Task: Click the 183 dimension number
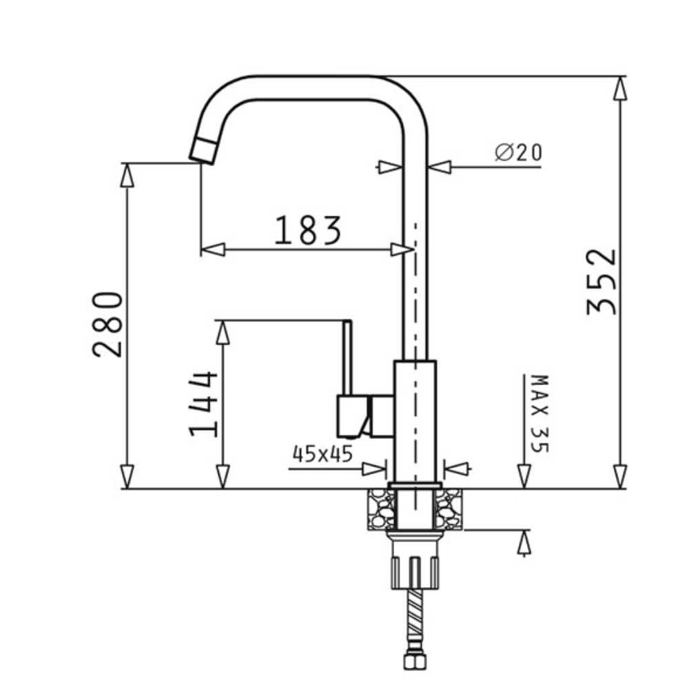pyautogui.click(x=307, y=230)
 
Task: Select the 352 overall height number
pyautogui.click(x=601, y=282)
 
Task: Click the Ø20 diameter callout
pyautogui.click(x=519, y=152)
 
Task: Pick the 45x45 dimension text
pyautogui.click(x=322, y=454)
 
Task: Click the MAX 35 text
pyautogui.click(x=539, y=413)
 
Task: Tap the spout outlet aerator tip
pyautogui.click(x=203, y=150)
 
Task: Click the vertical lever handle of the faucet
pyautogui.click(x=347, y=358)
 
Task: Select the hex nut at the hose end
pyautogui.click(x=415, y=661)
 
